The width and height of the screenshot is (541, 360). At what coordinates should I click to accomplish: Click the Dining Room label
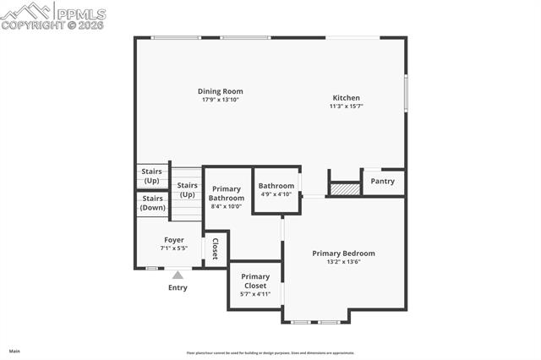(220, 91)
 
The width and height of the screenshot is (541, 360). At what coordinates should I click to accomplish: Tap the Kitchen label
(347, 97)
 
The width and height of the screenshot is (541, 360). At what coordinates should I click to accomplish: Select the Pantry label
(383, 181)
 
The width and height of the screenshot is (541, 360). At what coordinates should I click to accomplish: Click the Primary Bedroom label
(343, 254)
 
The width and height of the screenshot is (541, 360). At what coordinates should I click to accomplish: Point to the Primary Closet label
(255, 281)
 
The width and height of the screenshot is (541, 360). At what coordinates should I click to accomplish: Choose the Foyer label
(174, 240)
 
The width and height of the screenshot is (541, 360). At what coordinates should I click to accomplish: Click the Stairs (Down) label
(153, 203)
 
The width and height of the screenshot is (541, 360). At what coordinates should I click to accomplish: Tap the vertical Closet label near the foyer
(216, 248)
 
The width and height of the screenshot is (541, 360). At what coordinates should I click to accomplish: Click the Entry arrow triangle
(178, 274)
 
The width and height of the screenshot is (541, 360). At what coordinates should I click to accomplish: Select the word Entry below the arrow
(178, 288)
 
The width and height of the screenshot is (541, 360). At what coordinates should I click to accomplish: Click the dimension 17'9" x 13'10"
(220, 100)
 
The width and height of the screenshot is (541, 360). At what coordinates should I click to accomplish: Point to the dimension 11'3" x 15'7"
(347, 106)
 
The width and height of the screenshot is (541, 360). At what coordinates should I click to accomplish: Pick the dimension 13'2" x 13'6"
(343, 262)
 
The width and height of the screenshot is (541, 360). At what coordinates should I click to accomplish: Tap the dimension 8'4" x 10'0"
(227, 206)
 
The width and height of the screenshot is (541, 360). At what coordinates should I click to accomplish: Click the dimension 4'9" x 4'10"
(276, 194)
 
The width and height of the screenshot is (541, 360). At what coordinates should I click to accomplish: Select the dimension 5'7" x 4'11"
(255, 294)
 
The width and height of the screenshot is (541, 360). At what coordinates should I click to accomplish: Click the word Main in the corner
(14, 351)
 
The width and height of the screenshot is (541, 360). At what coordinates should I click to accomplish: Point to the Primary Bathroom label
(227, 194)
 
